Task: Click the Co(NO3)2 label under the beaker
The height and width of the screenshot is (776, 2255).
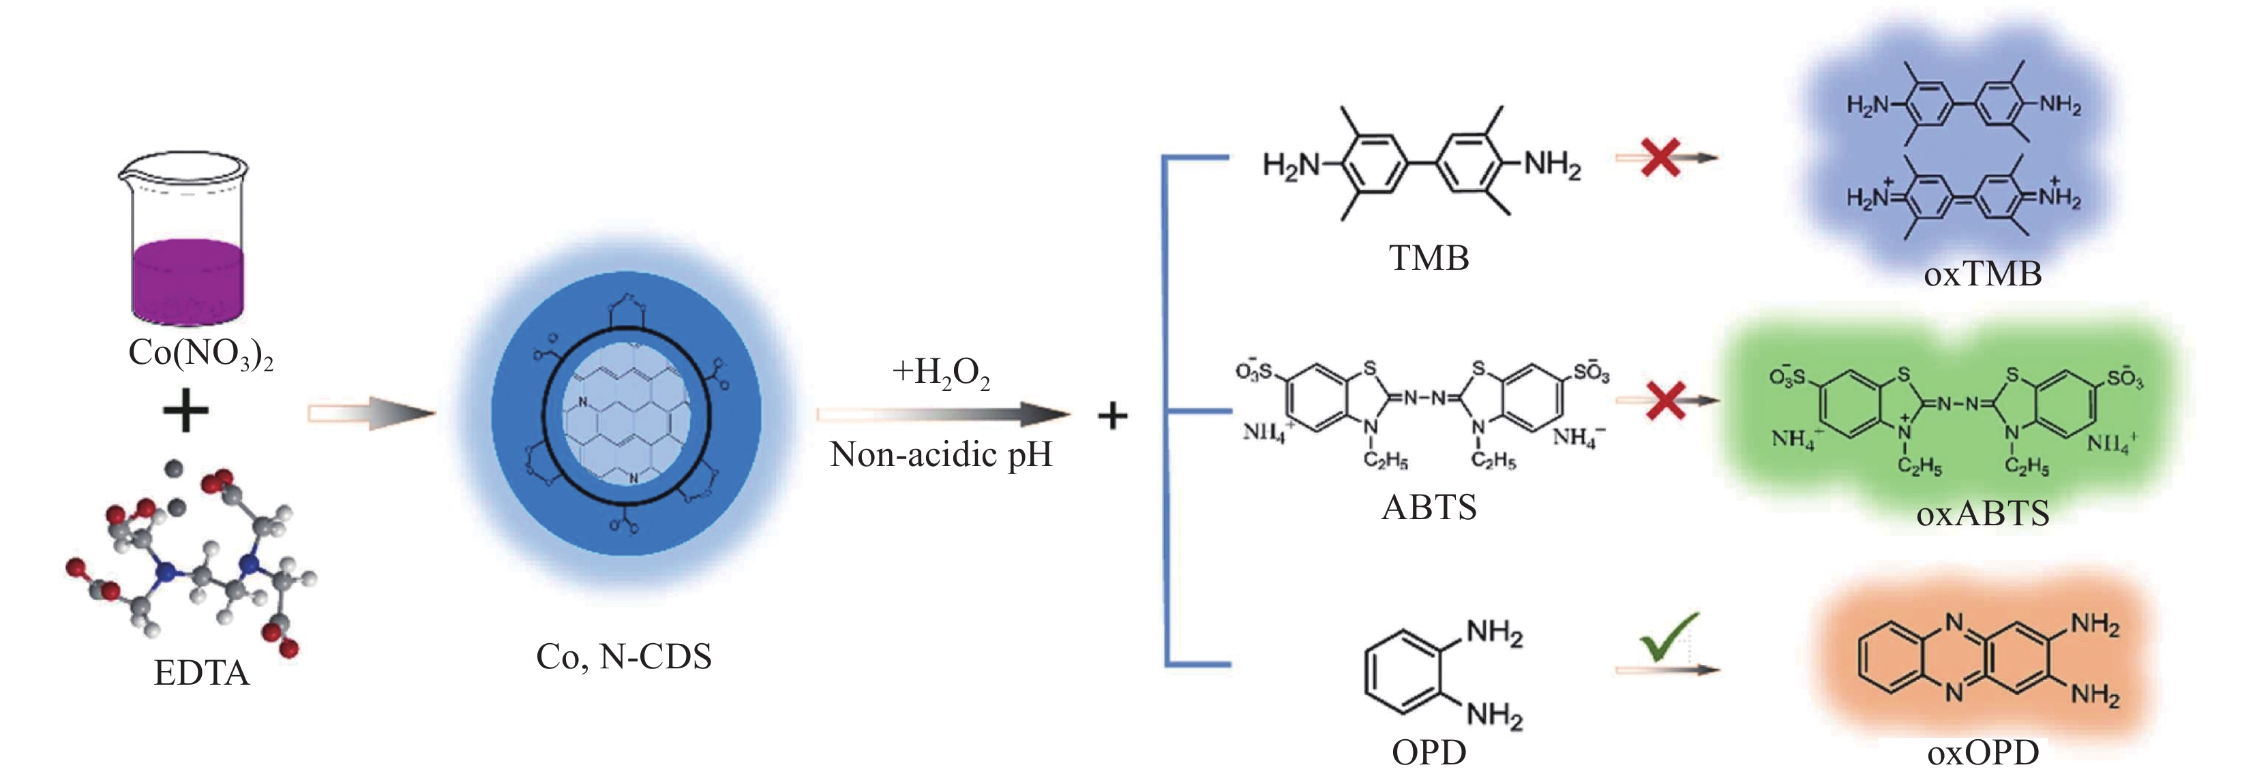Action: click(200, 354)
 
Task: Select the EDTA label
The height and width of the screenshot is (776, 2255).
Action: click(201, 672)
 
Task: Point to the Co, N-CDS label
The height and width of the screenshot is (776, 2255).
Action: click(623, 656)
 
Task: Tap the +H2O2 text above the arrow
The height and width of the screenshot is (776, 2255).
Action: click(941, 373)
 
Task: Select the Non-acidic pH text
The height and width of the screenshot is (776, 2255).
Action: click(941, 454)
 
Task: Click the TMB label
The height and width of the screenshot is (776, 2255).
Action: click(1429, 259)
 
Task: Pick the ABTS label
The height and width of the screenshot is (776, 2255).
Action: click(1429, 508)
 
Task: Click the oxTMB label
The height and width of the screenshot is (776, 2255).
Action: click(1983, 275)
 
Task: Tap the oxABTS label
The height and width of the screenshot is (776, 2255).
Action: click(1983, 514)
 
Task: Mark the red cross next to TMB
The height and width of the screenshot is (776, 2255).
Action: click(1660, 158)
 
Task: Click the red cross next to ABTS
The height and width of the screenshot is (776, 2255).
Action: click(1666, 400)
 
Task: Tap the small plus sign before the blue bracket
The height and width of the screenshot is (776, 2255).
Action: click(1111, 416)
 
